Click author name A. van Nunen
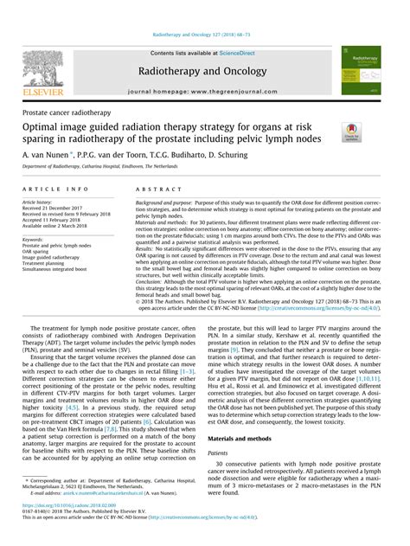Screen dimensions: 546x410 (x=54, y=150)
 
